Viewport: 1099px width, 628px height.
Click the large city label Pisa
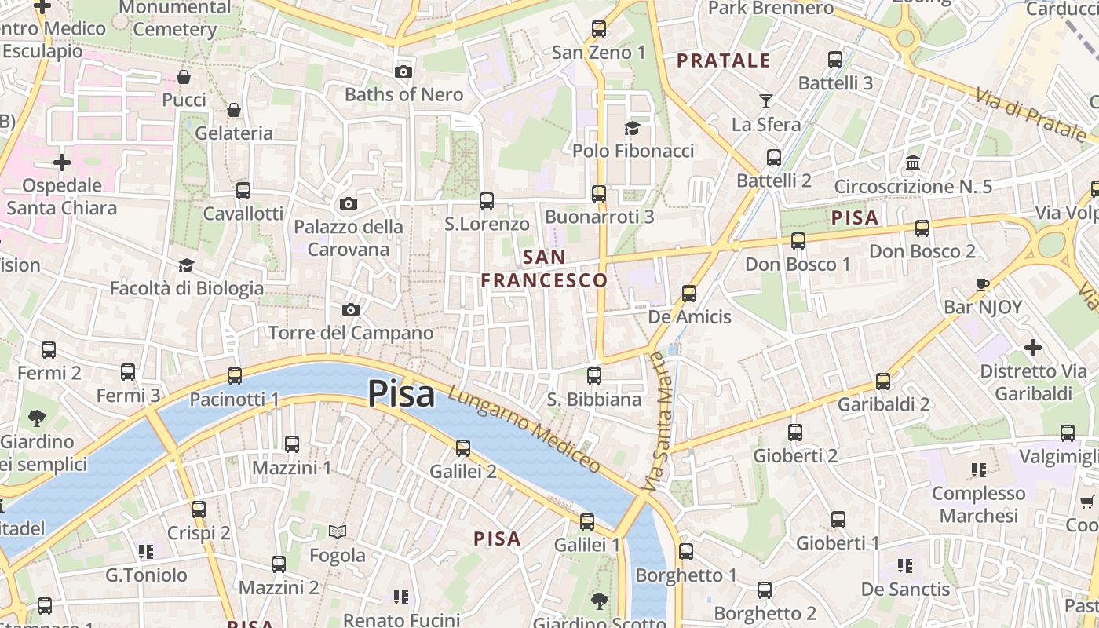click(401, 393)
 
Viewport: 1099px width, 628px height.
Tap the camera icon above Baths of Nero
click(403, 72)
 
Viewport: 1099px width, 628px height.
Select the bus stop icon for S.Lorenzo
click(487, 201)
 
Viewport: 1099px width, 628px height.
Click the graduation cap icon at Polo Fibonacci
click(632, 128)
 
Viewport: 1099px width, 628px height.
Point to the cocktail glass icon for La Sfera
click(766, 101)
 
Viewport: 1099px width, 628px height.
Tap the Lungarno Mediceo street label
click(524, 431)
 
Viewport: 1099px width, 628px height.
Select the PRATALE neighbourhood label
click(723, 60)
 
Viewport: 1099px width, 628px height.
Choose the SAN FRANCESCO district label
click(544, 268)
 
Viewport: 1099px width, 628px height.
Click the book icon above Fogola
click(338, 532)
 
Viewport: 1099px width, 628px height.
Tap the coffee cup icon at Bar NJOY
click(982, 284)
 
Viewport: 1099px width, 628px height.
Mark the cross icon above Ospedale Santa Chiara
click(62, 162)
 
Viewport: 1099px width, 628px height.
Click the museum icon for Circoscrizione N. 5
click(913, 163)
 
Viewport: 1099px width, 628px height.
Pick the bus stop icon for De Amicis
click(689, 294)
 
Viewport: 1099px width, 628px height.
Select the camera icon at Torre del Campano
click(351, 310)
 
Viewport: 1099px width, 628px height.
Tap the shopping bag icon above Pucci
click(184, 77)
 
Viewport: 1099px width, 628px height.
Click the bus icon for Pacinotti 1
click(235, 376)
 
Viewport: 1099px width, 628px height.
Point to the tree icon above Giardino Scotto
click(600, 601)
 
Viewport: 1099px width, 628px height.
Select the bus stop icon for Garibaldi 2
click(883, 382)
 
